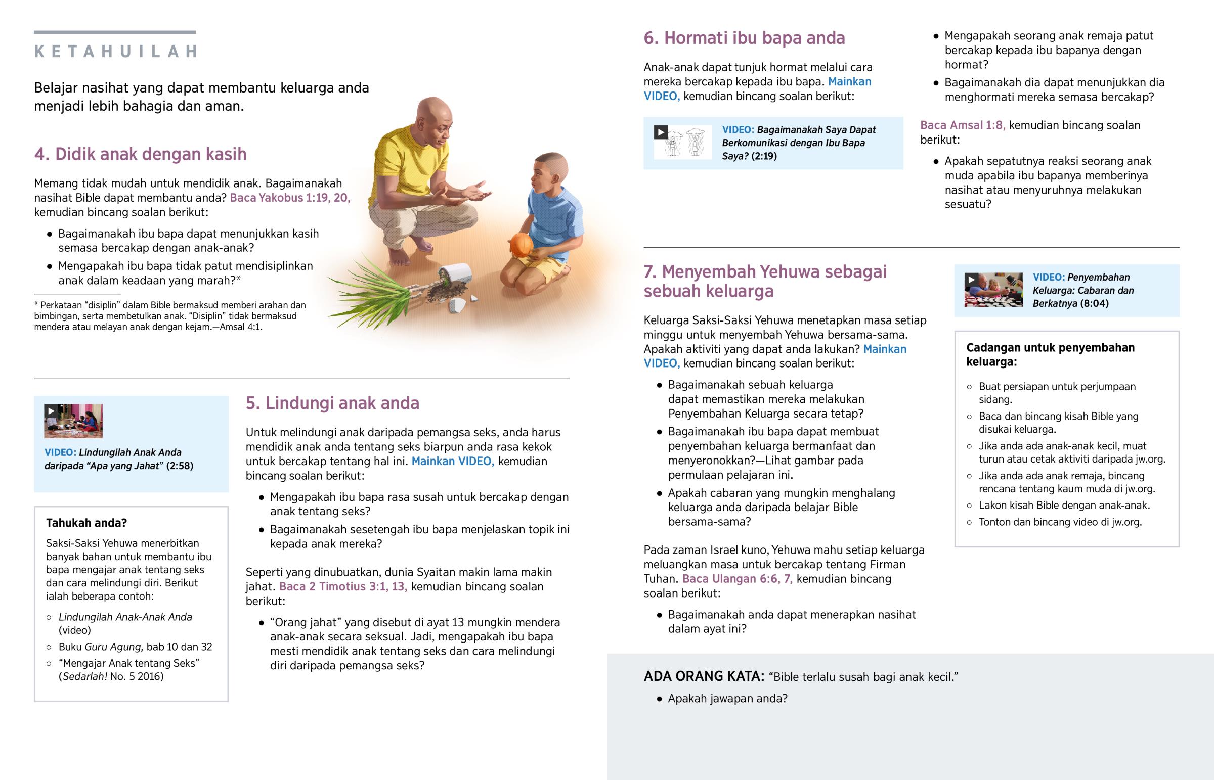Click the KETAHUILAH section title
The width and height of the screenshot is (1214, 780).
click(x=115, y=52)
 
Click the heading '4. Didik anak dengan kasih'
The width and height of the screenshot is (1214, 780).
click(x=140, y=154)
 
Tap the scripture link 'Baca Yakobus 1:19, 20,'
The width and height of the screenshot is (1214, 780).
click(x=290, y=198)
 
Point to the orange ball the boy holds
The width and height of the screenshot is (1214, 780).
click(x=521, y=245)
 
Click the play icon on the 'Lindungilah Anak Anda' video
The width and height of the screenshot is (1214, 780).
click(x=51, y=411)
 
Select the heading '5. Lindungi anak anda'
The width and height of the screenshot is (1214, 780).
click(x=332, y=403)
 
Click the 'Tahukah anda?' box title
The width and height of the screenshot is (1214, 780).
click(x=86, y=523)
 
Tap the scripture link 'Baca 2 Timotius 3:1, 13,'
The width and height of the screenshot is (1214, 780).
click(x=343, y=586)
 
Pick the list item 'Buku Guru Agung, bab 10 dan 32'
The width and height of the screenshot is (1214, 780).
click(x=135, y=647)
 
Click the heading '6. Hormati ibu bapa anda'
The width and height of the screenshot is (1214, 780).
click(x=744, y=38)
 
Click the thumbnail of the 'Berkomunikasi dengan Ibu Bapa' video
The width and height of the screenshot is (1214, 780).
click(x=682, y=143)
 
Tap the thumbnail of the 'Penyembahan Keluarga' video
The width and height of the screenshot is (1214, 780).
click(x=993, y=290)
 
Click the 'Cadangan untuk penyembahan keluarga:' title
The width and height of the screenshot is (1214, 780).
click(x=1050, y=354)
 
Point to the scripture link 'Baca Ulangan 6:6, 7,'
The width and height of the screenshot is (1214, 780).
click(x=737, y=579)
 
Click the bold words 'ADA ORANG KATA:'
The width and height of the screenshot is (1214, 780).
click(x=703, y=677)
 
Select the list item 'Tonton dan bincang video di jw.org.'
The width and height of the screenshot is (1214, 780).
click(x=1060, y=522)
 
